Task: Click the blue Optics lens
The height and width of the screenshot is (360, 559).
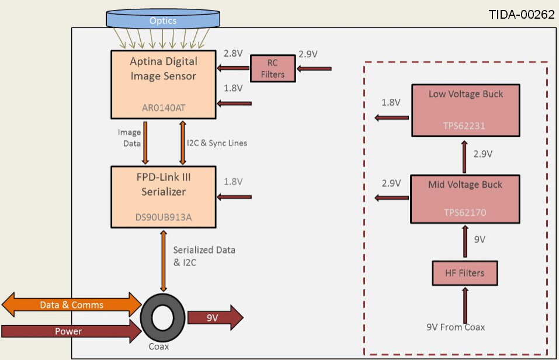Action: coord(162,20)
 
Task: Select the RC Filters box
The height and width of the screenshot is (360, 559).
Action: coord(273,69)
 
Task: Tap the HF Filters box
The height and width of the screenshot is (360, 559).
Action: coord(465,273)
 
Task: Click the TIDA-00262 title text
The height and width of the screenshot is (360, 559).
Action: coord(521,15)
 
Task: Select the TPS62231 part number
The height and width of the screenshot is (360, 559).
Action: coord(465,125)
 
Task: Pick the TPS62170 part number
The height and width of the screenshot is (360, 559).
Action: coord(465,213)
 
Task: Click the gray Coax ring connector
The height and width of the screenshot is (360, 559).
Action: coord(163,319)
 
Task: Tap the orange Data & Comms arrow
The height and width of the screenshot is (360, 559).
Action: coord(71,304)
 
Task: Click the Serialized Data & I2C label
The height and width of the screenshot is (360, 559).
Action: coord(204,255)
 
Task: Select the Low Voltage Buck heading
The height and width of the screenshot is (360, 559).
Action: coord(466,94)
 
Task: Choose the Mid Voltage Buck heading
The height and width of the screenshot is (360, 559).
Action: coord(465,185)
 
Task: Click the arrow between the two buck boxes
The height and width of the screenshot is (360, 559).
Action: coord(465,158)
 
